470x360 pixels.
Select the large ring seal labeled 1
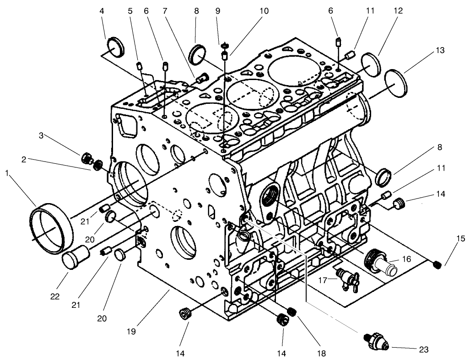point(51,229)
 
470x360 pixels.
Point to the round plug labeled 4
point(115,47)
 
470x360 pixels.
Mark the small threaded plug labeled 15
point(437,264)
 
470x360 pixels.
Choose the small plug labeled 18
point(292,312)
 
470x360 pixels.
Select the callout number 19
point(131,332)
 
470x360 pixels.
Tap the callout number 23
point(424,350)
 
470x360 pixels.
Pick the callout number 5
point(130,11)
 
